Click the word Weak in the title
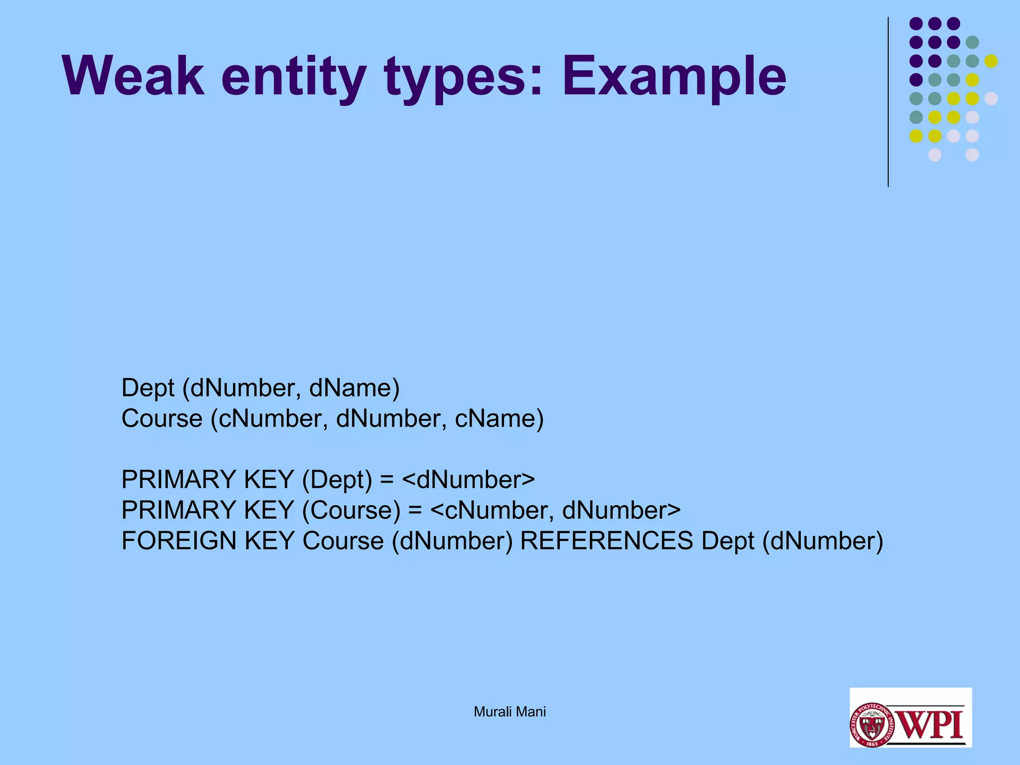coord(133,76)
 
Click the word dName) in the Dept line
coord(354,388)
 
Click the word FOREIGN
coord(179,541)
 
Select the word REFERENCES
coord(606,541)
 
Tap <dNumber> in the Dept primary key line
coord(468,480)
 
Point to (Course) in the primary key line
coord(351,510)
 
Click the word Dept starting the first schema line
coord(148,388)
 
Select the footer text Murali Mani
coord(510,712)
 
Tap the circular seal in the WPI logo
coord(872,725)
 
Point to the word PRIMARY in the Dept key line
coord(179,480)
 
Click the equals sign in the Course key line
coord(415,510)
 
